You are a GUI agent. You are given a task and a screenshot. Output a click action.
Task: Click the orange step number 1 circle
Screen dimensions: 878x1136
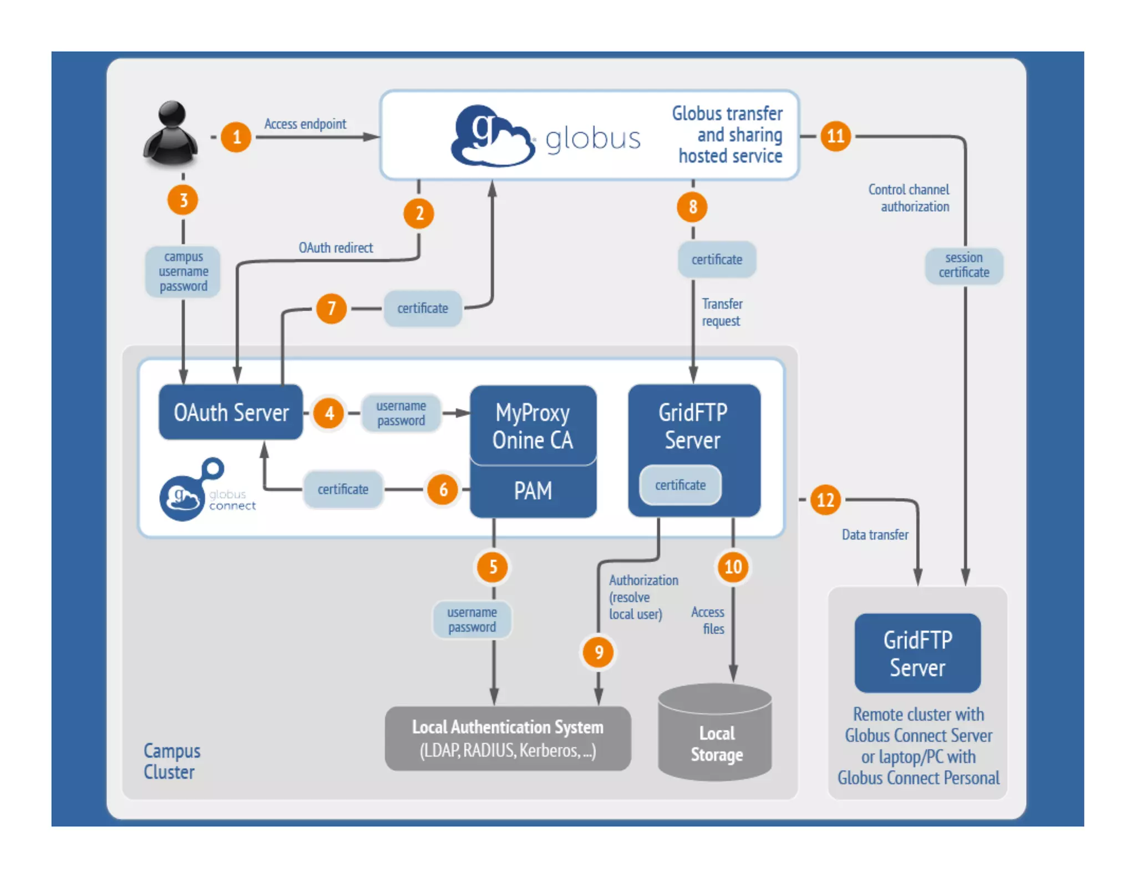coord(236,137)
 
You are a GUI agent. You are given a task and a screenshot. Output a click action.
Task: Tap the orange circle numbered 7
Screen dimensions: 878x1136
coord(331,308)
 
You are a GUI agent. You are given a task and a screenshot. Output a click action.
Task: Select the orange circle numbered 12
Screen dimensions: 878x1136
coord(825,500)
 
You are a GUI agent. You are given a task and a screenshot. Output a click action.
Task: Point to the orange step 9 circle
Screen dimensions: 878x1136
coord(599,652)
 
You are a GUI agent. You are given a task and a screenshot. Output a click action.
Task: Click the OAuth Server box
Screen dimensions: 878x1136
coord(231,412)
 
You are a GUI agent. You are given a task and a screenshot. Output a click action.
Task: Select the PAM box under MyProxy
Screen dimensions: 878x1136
coord(532,491)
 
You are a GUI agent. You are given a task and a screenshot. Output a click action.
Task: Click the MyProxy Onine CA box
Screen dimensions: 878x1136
coord(532,426)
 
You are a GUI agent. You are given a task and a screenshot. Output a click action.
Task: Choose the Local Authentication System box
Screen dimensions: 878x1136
coord(508,738)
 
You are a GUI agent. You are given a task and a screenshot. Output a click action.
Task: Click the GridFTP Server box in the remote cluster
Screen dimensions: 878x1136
coord(917,653)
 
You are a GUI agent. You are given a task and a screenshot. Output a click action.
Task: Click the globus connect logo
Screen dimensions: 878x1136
coord(205,491)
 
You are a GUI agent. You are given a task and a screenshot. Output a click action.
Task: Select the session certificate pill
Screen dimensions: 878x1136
coord(964,265)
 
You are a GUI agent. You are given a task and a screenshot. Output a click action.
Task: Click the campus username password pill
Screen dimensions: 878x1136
coord(183,271)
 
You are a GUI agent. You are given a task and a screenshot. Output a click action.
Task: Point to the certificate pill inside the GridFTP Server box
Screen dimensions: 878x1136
coord(680,485)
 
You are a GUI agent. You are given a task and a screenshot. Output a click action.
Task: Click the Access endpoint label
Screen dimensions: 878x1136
coord(305,124)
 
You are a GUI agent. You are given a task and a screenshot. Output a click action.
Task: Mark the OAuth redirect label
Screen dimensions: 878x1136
coord(336,248)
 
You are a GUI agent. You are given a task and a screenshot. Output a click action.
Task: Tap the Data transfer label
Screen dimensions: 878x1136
coord(875,534)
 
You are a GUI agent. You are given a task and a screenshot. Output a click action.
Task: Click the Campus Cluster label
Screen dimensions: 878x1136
coord(171,761)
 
